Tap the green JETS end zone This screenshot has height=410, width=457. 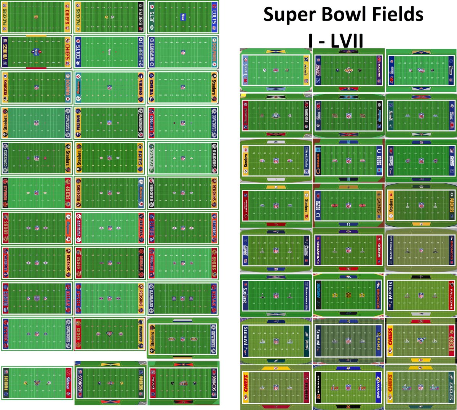coord(152,17)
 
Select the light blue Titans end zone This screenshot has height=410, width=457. coord(245,70)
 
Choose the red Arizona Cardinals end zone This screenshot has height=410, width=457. coord(245,205)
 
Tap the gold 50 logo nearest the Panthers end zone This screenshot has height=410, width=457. coord(335,295)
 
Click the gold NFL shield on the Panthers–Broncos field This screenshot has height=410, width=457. coord(348,295)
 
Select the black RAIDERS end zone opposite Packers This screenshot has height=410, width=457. coord(141,17)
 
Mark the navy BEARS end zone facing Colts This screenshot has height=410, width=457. coord(318,160)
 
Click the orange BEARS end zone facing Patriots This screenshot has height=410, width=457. coord(141,227)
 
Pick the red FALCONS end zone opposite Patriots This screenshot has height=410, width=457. coord(452,295)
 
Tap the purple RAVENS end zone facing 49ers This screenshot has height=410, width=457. coord(318,250)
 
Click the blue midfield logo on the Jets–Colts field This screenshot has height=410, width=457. coord(182,17)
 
